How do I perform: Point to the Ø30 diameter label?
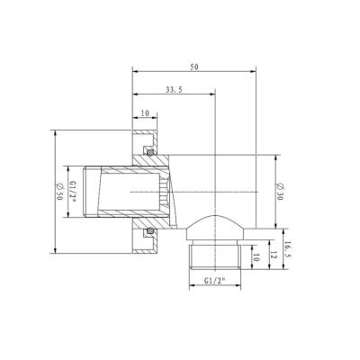tap(280, 190)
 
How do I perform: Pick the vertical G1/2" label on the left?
tap(74, 193)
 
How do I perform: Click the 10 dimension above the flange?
tap(145, 112)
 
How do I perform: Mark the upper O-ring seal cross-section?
tap(150, 148)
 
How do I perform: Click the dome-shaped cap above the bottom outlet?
tap(215, 225)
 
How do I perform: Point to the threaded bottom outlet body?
tap(215, 256)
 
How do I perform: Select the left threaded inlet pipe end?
tap(103, 193)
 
